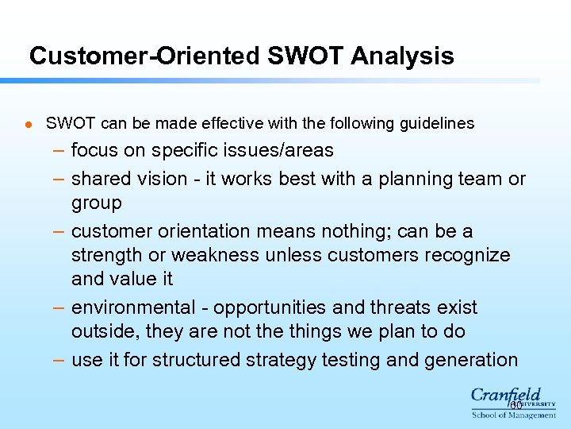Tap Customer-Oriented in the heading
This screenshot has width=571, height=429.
click(x=144, y=56)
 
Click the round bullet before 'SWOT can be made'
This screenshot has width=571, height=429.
click(x=26, y=125)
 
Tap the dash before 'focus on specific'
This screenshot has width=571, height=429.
click(x=59, y=150)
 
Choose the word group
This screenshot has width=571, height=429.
click(x=97, y=203)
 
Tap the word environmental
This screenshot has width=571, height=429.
click(x=132, y=307)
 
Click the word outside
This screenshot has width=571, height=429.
click(x=102, y=331)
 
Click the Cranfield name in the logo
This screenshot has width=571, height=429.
click(x=506, y=395)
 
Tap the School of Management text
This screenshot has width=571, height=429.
click(x=514, y=415)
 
